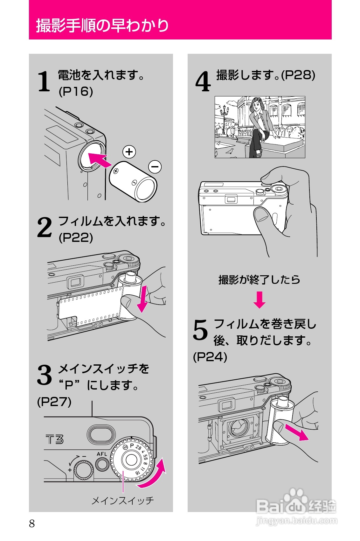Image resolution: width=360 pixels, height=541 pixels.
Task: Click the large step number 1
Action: (44, 81)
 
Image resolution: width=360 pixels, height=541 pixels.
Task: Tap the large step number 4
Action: (203, 81)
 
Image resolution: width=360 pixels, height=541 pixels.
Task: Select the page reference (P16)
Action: (76, 92)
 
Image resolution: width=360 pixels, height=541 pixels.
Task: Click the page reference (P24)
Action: (210, 357)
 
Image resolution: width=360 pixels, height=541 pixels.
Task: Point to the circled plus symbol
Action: (129, 152)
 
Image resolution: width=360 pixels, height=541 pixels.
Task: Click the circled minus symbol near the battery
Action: (155, 166)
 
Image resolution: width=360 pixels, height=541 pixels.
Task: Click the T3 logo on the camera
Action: (54, 440)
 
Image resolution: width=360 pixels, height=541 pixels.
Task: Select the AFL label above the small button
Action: (102, 454)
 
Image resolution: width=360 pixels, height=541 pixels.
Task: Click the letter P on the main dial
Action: (132, 445)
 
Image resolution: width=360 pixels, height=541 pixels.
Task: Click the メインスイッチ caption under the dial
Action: (122, 501)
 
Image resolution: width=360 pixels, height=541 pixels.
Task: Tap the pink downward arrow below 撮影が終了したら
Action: (259, 300)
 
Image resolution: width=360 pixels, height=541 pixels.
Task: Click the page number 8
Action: (32, 523)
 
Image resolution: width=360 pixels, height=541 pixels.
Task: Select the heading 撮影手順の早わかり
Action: (102, 25)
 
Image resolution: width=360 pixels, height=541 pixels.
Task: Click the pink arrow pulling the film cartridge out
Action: (297, 433)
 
